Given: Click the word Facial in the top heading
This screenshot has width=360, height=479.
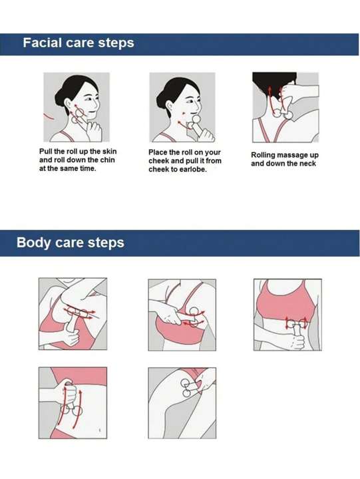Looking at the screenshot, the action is tap(43, 43).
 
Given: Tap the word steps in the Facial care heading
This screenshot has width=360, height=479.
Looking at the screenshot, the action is tap(116, 43).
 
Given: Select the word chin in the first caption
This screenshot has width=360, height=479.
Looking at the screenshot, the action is tap(108, 160).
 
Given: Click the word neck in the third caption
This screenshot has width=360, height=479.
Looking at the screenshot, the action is tap(307, 164).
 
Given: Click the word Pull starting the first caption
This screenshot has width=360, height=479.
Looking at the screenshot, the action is tap(45, 151).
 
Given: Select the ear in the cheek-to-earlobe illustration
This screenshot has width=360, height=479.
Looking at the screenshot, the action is tap(169, 106).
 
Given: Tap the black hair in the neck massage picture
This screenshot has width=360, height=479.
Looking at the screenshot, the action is tap(273, 83).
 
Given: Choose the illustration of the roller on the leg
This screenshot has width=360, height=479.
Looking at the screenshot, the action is tap(182, 403).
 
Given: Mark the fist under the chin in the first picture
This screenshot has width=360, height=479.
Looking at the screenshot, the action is tap(94, 130).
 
